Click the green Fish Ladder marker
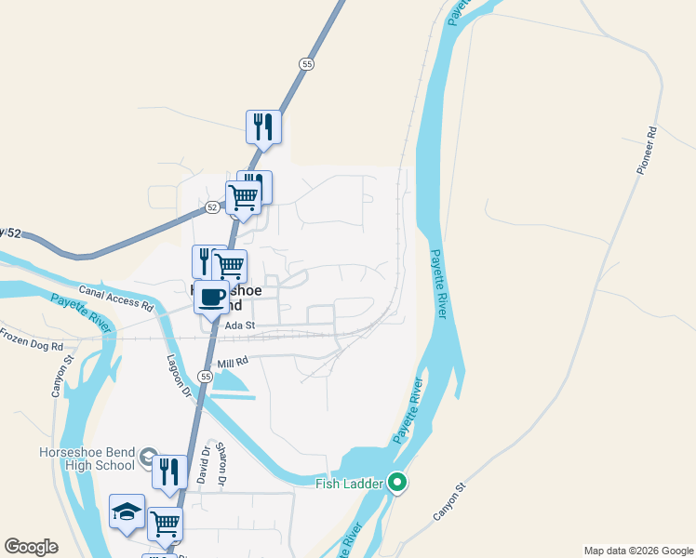[397, 482]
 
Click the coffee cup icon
[211, 298]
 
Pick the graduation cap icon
[127, 511]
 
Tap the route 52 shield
[213, 207]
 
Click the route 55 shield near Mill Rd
[204, 376]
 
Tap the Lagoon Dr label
[178, 376]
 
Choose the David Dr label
[201, 465]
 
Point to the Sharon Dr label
[221, 467]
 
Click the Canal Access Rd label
[115, 298]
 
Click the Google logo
[31, 547]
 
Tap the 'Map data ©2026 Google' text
[637, 551]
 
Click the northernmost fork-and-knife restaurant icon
[263, 127]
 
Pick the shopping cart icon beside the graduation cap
[166, 523]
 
